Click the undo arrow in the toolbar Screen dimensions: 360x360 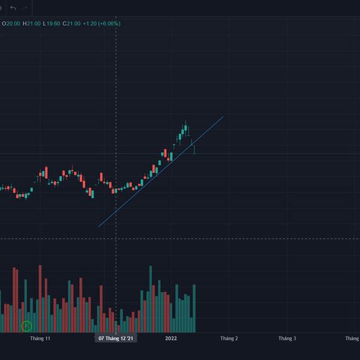[x=13, y=8]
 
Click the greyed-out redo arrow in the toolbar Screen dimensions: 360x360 [x=25, y=8]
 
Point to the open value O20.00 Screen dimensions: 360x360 [x=11, y=23]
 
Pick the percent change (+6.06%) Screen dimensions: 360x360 [x=110, y=23]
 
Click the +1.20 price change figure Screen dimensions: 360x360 [x=89, y=23]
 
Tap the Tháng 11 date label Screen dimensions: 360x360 [x=40, y=338]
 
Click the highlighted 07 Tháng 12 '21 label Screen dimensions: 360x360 [x=117, y=338]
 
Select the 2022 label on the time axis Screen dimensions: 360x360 [x=171, y=338]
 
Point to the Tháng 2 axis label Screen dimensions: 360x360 [x=229, y=338]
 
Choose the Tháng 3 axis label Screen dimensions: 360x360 [x=287, y=338]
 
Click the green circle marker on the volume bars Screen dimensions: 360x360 [x=26, y=326]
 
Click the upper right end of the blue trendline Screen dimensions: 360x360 [x=223, y=116]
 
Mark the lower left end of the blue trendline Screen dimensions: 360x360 [x=98, y=227]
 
